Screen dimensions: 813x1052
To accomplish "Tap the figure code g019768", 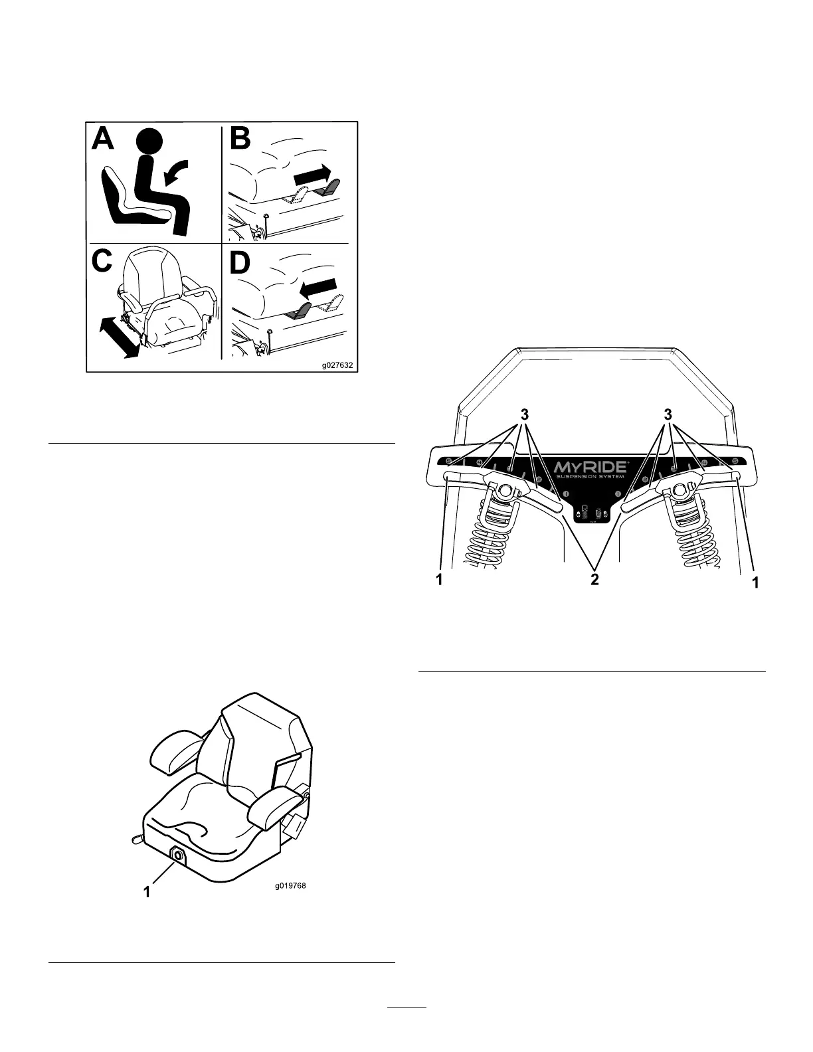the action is (x=292, y=885).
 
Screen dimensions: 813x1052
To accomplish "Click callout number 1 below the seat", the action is (x=149, y=893).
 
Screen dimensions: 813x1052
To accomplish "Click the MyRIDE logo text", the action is (x=589, y=457).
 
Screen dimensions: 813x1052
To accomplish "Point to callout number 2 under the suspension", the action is (x=594, y=580).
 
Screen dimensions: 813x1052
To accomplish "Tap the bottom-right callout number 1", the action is (x=754, y=582).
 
